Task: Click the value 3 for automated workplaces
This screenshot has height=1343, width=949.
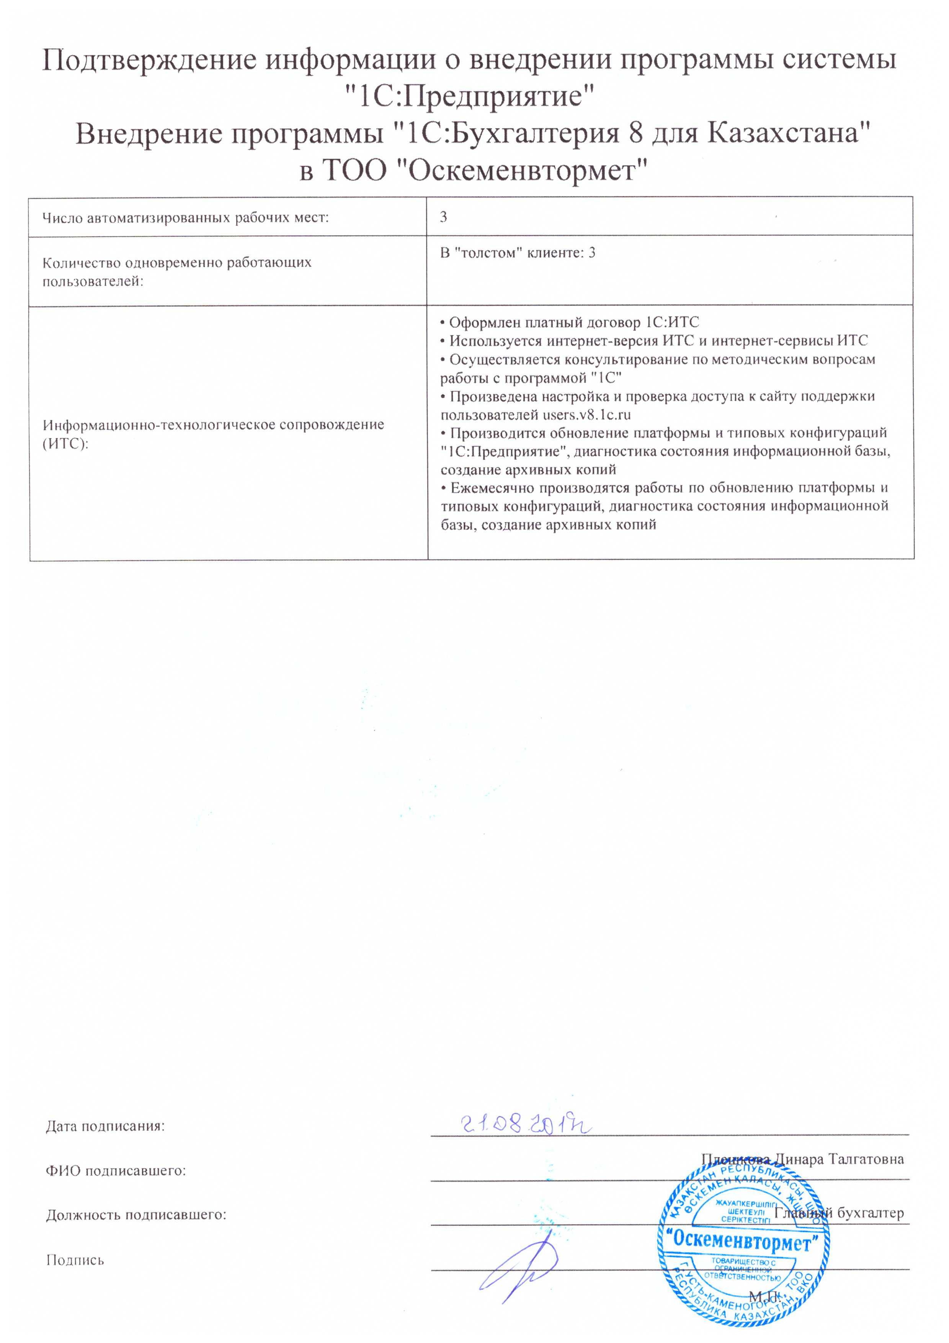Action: tap(444, 217)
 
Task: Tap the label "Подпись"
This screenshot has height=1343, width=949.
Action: tap(75, 1260)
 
